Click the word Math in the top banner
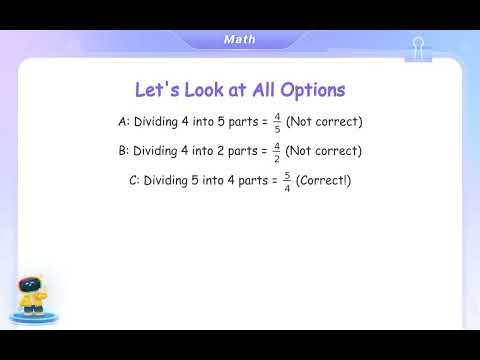(x=240, y=40)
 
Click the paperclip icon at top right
(x=418, y=48)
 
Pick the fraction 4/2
(x=276, y=152)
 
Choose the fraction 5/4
(x=286, y=182)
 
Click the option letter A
(x=122, y=122)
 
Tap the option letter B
(x=122, y=152)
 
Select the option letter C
(x=133, y=182)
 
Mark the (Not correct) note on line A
(x=324, y=122)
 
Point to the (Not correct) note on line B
(x=324, y=152)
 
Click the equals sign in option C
(x=274, y=182)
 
